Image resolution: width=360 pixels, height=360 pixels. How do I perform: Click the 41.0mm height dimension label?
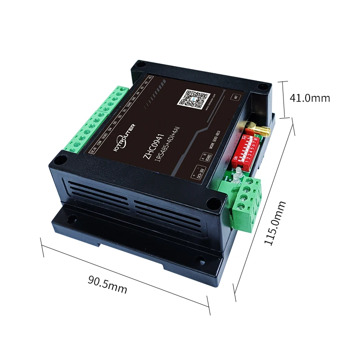310,98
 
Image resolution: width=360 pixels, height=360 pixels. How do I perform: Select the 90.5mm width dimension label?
108,285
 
